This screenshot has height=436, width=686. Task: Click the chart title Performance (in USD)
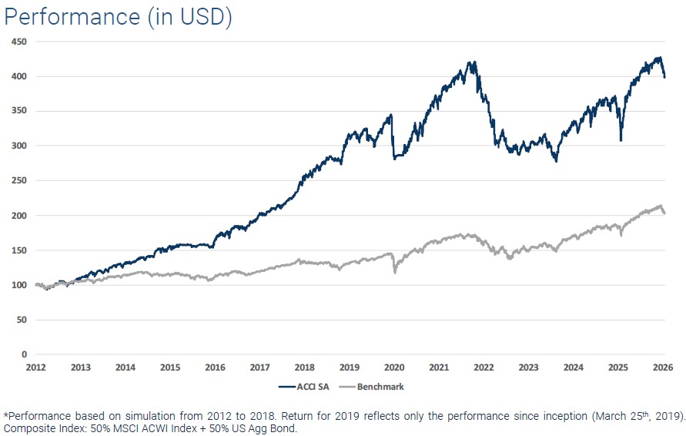tap(118, 17)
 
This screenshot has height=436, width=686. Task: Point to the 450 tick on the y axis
tap(18, 42)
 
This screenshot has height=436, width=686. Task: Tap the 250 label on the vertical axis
tap(18, 180)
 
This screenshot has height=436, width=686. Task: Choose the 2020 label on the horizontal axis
tap(394, 368)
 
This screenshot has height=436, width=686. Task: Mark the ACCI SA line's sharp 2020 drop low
tap(395, 158)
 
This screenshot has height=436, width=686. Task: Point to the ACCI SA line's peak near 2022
tap(474, 62)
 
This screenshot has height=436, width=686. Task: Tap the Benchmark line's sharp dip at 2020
tap(395, 272)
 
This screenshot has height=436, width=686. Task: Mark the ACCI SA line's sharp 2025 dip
tap(621, 140)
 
